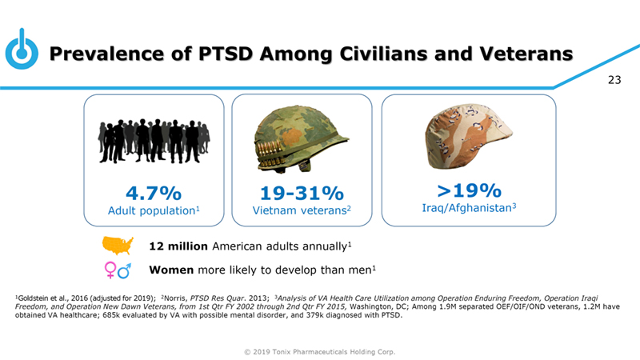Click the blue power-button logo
pos(22,52)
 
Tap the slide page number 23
pos(614,79)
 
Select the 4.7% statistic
pos(153,194)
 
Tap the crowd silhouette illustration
pos(153,142)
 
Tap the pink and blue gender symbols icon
pos(118,270)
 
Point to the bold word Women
pos(172,270)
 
